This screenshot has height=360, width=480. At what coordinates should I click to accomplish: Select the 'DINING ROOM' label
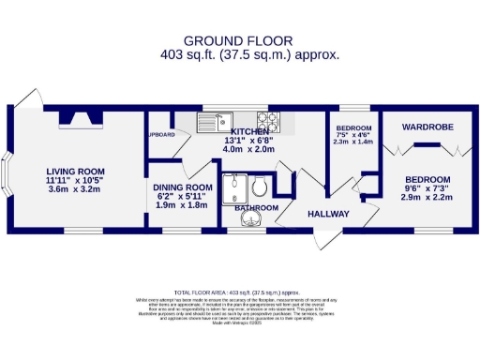click(x=183, y=187)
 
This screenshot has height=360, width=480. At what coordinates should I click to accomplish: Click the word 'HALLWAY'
click(x=329, y=215)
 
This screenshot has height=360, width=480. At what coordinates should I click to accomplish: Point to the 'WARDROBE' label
click(x=427, y=126)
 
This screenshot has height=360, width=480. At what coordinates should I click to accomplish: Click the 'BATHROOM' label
click(x=255, y=207)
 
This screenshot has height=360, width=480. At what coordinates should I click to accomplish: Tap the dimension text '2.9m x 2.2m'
click(x=427, y=198)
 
